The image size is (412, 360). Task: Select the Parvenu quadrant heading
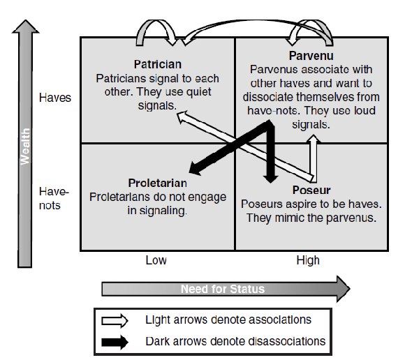click(311, 55)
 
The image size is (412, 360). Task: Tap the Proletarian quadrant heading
click(158, 183)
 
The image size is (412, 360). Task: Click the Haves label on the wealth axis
click(55, 98)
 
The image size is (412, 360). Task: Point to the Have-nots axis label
click(50, 198)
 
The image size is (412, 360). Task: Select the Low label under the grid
click(156, 260)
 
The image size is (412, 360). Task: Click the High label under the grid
click(307, 260)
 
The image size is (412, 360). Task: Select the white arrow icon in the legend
click(115, 320)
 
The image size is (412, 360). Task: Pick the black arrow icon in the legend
click(115, 341)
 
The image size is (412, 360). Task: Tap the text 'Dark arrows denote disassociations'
click(235, 341)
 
